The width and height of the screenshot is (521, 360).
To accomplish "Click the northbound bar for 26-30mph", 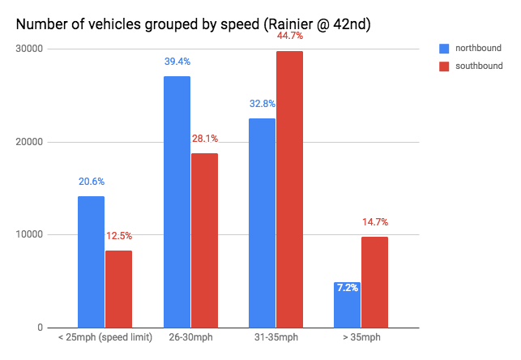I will point(177,202).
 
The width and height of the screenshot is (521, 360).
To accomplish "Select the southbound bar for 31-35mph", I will point(289,190).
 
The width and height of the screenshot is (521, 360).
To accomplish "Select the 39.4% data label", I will point(177,61).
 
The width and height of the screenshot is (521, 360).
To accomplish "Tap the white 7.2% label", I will point(347,287).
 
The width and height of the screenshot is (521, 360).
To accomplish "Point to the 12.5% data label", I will point(118,236).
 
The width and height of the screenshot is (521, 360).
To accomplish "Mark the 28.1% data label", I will point(204,139).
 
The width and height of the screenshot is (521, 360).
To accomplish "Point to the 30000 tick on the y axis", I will point(32,49).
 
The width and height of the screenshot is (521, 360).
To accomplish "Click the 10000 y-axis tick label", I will point(32,235).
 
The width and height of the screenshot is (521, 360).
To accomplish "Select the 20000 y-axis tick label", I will point(32,143).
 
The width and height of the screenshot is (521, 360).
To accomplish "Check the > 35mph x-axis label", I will point(361,337).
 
